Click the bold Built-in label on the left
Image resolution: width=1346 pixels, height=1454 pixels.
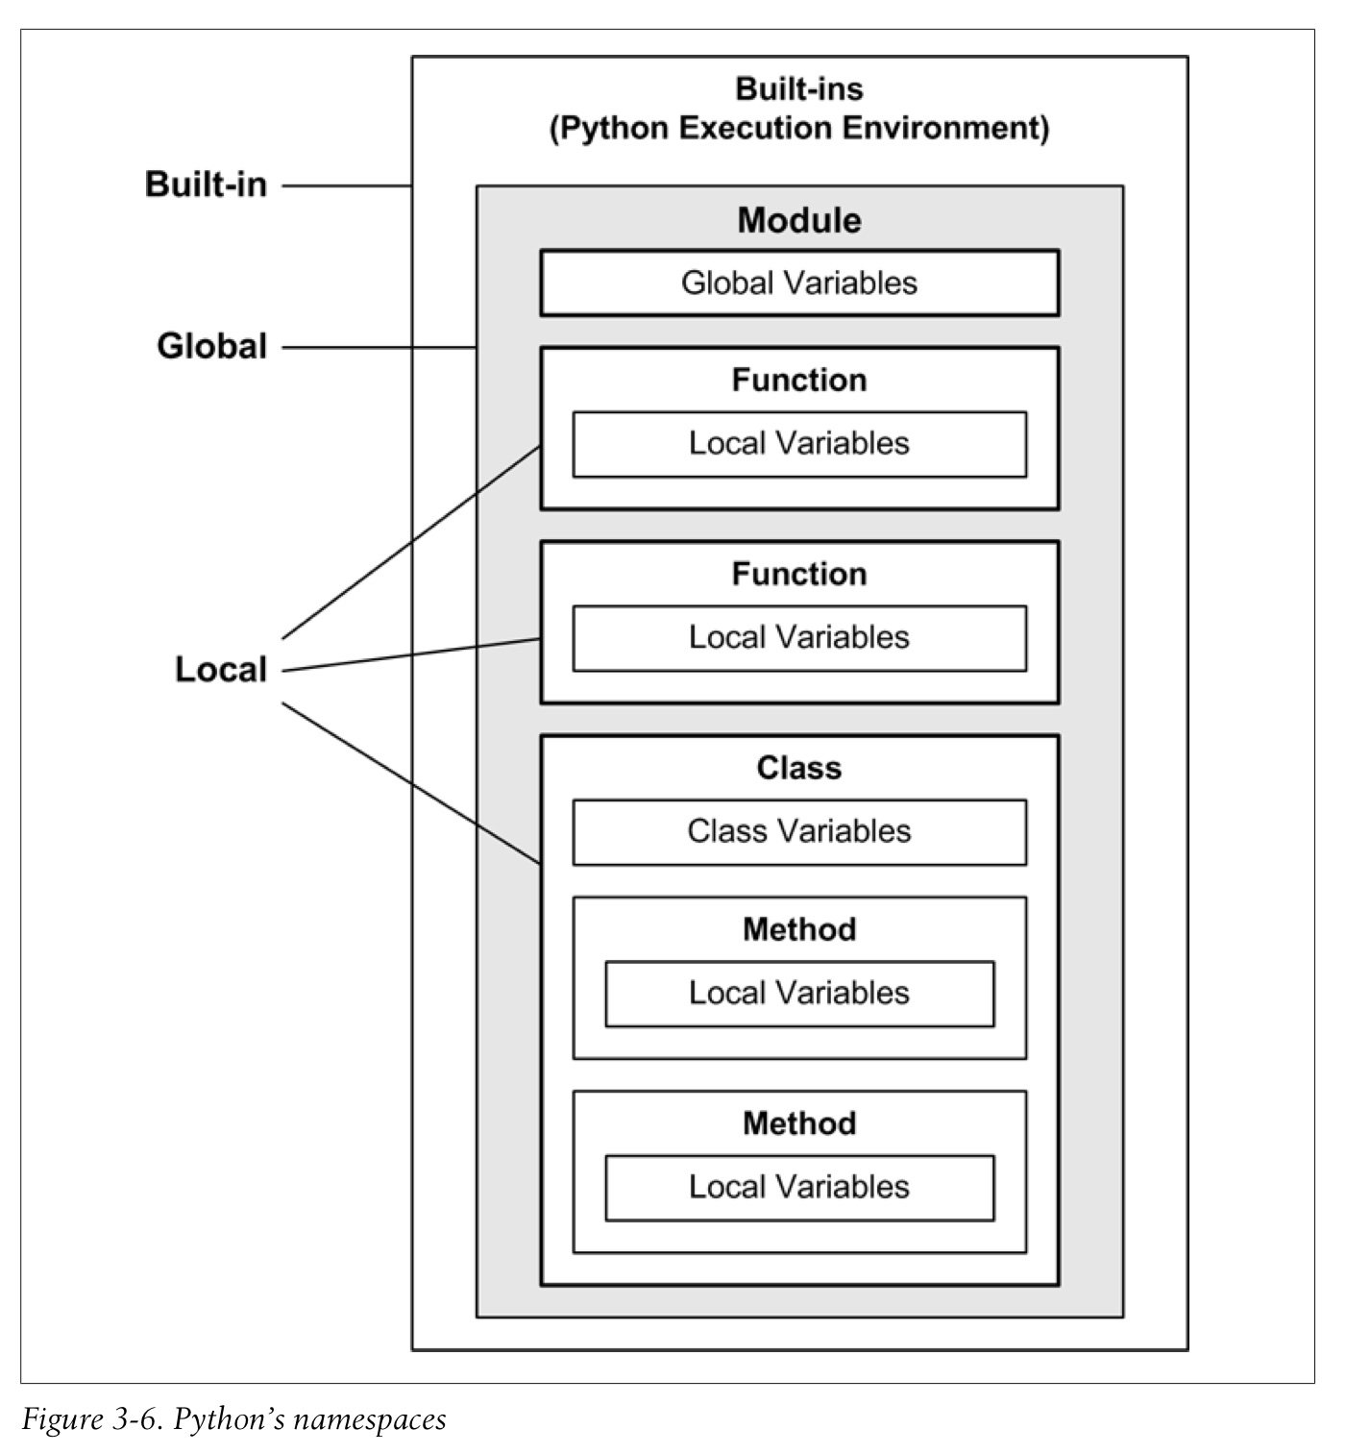[x=206, y=185]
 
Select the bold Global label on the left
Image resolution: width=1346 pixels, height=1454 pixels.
[x=211, y=346]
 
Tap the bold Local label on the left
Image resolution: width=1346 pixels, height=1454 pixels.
[x=220, y=670]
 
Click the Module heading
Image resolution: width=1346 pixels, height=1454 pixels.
[x=799, y=220]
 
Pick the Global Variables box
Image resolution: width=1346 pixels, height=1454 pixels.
[x=799, y=283]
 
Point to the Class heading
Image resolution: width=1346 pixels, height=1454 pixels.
[x=799, y=768]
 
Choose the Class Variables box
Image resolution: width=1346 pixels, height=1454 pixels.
[x=799, y=831]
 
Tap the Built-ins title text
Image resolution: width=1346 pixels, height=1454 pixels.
[x=799, y=89]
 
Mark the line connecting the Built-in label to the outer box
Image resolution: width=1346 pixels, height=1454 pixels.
[x=346, y=185]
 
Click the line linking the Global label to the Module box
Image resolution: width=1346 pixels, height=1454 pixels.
[x=379, y=347]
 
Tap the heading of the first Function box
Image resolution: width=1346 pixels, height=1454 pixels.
[x=799, y=381]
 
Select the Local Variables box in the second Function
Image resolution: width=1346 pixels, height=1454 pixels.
[x=799, y=637]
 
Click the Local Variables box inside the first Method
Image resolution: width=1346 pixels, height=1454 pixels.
[x=799, y=993]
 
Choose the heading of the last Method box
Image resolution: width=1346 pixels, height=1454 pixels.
[x=799, y=1123]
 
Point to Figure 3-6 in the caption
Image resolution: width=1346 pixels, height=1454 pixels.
[x=91, y=1419]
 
